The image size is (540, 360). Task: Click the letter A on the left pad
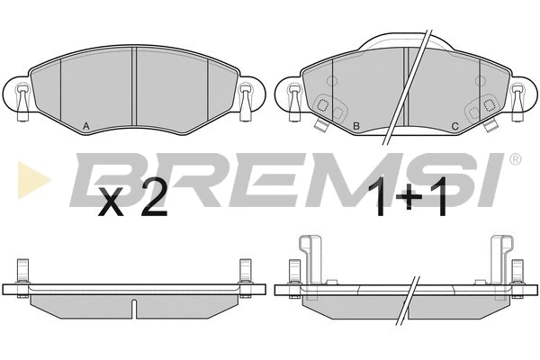point(86,126)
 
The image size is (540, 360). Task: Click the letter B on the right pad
point(356,126)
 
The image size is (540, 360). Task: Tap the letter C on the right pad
point(454,126)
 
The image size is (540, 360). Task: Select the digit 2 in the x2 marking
point(154,198)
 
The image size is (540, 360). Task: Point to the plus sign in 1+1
point(409,196)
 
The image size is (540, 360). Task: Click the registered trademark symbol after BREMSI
point(515,159)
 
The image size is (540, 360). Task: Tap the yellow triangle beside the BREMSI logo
point(33,180)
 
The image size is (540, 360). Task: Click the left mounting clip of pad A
point(22,103)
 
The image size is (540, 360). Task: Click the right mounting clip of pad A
point(245,103)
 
